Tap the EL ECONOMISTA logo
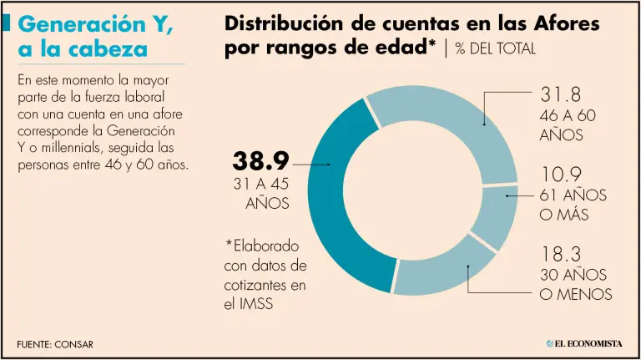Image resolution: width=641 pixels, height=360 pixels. (585, 343)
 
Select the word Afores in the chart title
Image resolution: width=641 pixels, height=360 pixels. (565, 24)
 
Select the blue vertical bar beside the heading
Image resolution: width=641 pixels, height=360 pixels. (7, 24)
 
